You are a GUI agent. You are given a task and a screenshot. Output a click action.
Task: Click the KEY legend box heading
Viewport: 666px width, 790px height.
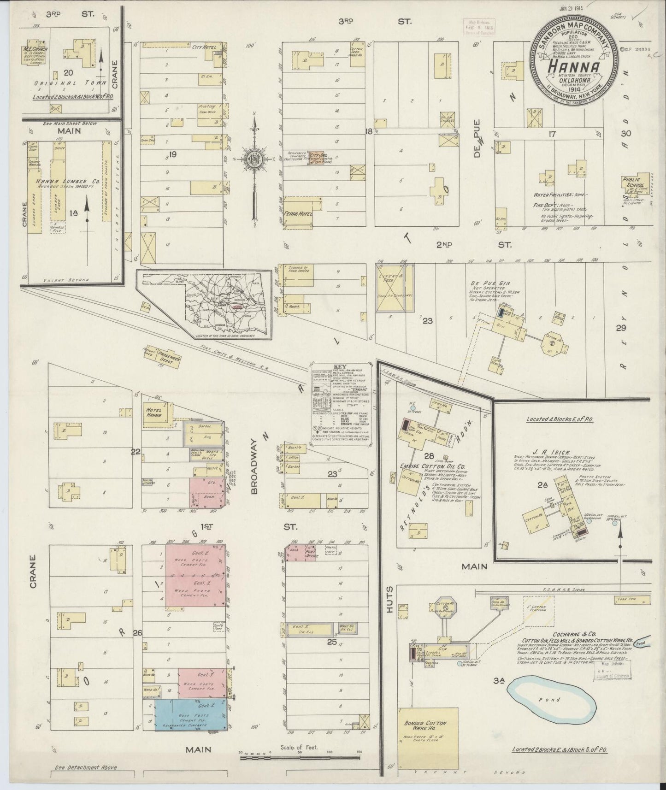342,367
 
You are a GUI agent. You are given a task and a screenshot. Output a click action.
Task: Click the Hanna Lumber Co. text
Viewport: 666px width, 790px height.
68,182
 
